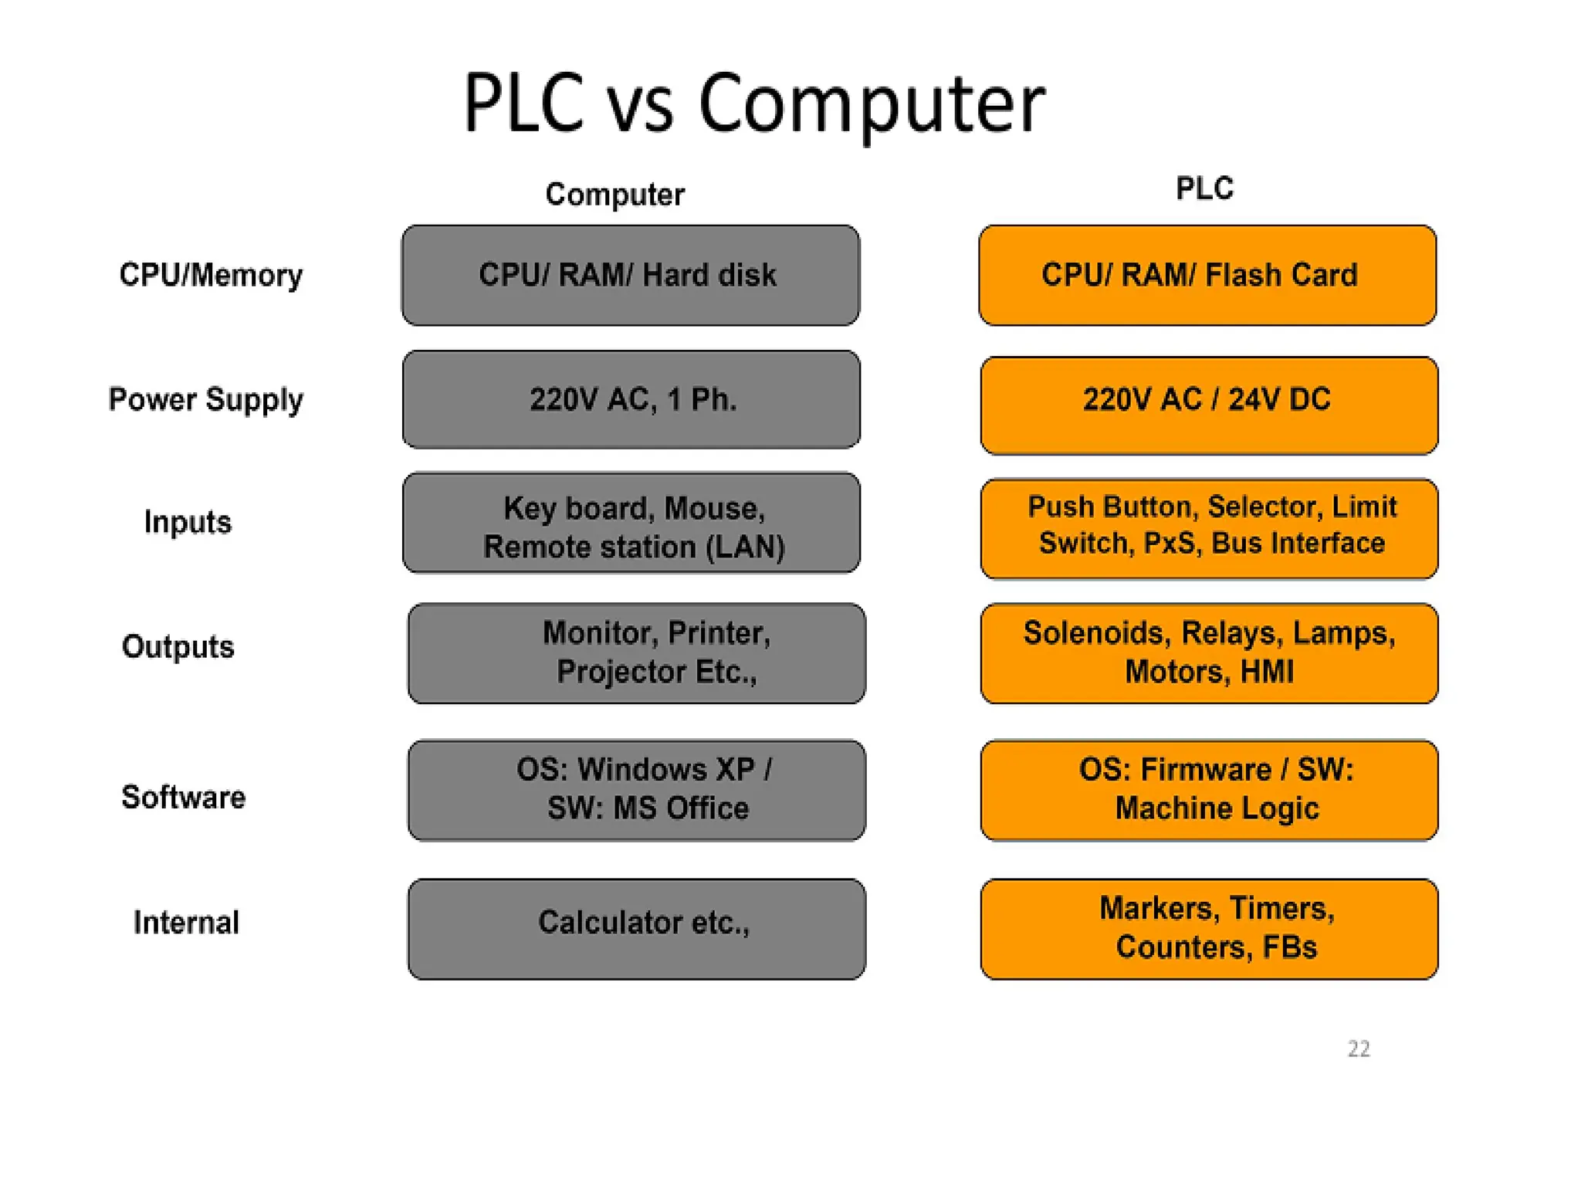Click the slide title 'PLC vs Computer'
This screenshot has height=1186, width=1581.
coord(753,104)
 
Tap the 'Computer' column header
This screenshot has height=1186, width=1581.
coord(614,195)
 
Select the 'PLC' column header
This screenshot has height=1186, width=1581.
coord(1204,188)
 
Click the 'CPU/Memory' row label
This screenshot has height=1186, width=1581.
coord(211,276)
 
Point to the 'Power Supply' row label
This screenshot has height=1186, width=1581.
coord(206,400)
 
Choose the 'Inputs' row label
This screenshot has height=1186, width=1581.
coord(188,523)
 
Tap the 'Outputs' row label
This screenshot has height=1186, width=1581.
coord(178,647)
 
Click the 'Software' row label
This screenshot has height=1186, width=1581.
coord(184,797)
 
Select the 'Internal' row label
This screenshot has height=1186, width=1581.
coord(186,923)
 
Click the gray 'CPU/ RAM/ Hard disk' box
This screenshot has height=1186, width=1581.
coord(630,276)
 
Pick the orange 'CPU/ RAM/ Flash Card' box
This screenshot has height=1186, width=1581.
coord(1207,276)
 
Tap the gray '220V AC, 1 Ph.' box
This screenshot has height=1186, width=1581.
coord(631,400)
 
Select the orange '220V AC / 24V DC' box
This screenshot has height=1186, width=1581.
coord(1209,405)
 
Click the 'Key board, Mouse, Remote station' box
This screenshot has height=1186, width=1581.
coord(631,524)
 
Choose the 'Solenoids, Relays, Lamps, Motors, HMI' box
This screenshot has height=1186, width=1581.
coord(1209,653)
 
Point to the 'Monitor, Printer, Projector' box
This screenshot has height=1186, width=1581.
coord(637,653)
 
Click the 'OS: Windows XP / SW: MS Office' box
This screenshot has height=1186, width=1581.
coord(637,790)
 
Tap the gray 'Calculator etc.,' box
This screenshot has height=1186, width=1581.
coord(637,929)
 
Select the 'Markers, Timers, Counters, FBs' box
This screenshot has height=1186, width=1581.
coord(1209,929)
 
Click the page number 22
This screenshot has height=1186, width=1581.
coord(1359,1049)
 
